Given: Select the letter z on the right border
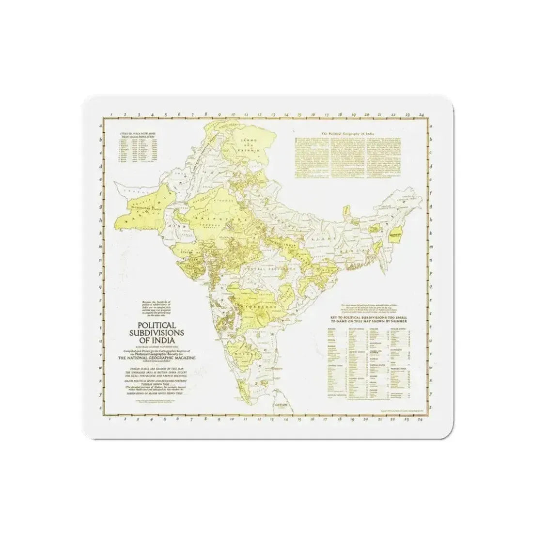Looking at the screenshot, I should [x=432, y=406].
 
